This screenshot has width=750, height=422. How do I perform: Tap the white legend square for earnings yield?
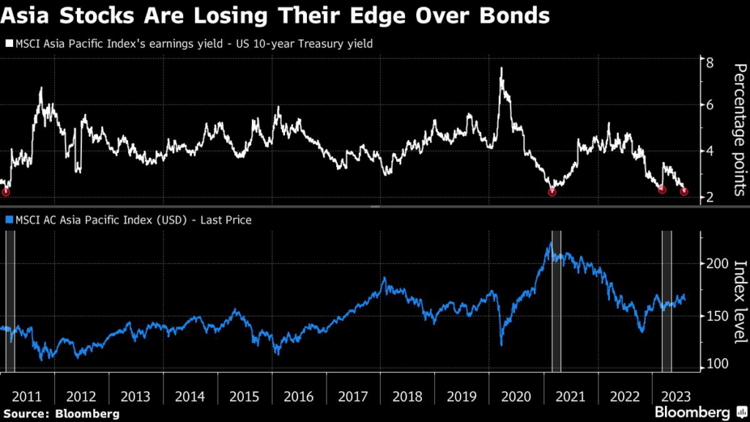click(x=8, y=44)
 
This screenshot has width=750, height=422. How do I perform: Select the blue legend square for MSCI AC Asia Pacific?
click(x=8, y=219)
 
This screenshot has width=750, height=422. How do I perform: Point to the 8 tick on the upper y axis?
click(x=709, y=62)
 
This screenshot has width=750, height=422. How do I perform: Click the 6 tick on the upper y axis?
click(x=709, y=105)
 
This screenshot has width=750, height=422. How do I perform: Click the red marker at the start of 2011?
click(x=6, y=192)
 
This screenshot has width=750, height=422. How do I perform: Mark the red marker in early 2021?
click(x=552, y=192)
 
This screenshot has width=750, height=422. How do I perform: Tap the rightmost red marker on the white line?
click(x=684, y=192)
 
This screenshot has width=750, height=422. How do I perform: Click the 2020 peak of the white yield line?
click(x=501, y=68)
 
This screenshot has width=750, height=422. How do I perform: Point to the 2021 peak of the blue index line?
click(x=550, y=244)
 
